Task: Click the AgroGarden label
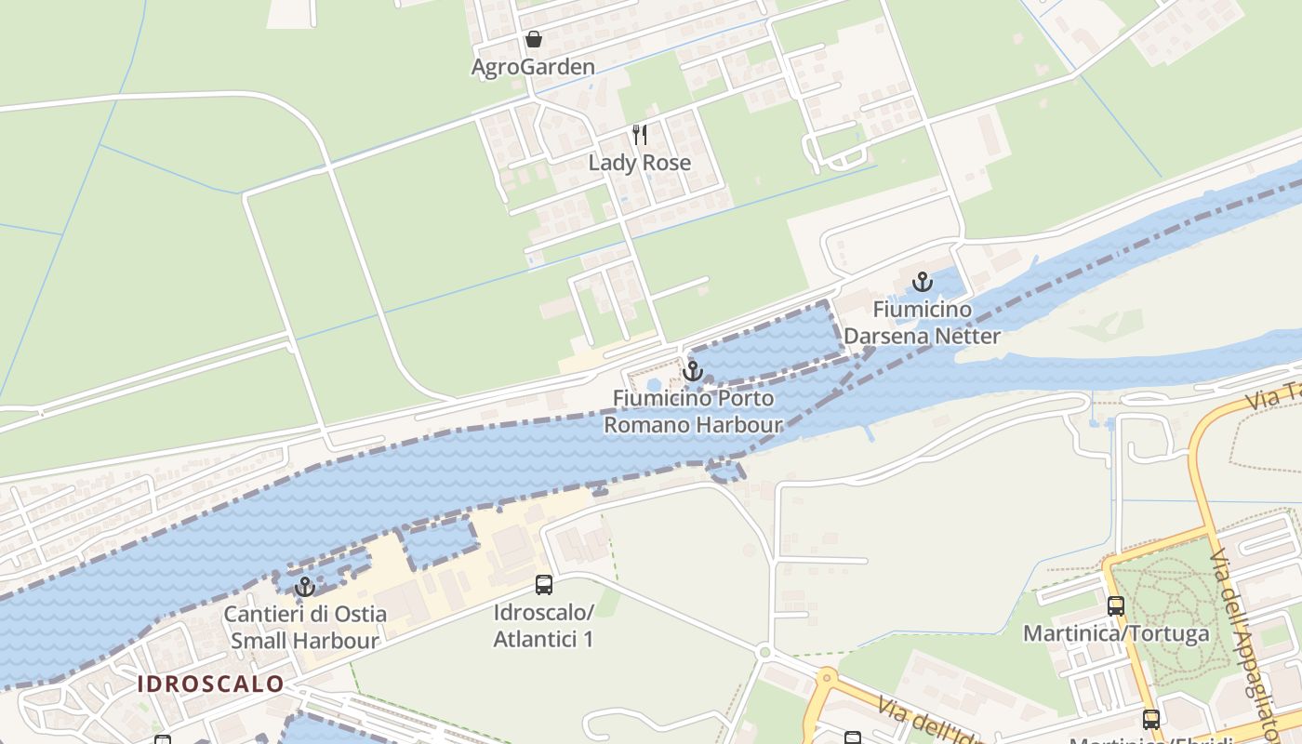[x=533, y=67]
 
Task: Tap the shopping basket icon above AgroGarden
[x=534, y=39]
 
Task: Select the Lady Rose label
[x=640, y=163]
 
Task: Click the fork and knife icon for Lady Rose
[x=640, y=135]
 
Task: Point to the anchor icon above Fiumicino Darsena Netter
[x=922, y=281]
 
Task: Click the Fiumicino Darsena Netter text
[x=922, y=323]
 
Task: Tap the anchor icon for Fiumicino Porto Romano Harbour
[x=692, y=372]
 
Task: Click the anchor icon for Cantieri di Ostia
[x=304, y=587]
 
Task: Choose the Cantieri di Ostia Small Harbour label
[x=305, y=628]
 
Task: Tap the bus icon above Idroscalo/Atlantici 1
[x=544, y=585]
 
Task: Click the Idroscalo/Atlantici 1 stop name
[x=544, y=626]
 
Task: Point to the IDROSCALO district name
[x=211, y=684]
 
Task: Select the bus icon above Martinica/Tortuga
[x=1116, y=606]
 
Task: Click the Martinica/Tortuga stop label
[x=1116, y=634]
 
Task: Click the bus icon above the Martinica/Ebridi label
[x=1151, y=719]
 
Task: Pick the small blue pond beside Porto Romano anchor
[x=654, y=383]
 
